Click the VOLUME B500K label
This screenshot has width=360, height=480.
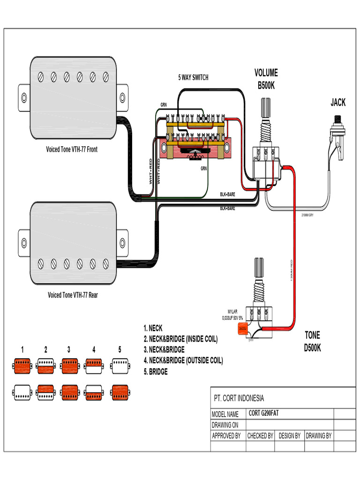click(266, 79)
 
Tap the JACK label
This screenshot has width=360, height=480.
click(337, 102)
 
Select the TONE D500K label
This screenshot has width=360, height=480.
click(312, 342)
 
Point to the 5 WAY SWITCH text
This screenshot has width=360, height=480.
click(193, 77)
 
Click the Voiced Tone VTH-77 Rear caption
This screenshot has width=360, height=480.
click(73, 295)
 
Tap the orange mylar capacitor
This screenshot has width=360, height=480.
click(243, 328)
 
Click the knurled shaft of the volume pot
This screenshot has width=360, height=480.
click(266, 108)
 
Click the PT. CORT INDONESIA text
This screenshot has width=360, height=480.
click(239, 398)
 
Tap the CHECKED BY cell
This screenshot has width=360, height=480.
click(260, 435)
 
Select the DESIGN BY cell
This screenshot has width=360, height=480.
click(289, 435)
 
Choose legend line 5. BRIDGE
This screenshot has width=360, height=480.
click(155, 372)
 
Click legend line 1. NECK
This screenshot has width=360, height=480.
click(153, 328)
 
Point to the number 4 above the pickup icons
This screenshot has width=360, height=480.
click(94, 349)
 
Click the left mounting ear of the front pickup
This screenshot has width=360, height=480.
click(24, 98)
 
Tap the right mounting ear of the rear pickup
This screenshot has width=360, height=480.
click(122, 243)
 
